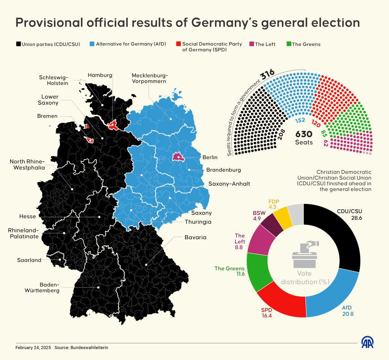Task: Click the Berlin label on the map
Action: point(210,157)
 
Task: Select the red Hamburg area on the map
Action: point(113,125)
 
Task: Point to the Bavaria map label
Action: point(195,237)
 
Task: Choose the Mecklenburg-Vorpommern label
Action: point(149,78)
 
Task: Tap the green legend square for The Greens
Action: point(289,44)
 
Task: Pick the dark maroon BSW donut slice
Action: point(271,225)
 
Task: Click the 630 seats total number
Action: point(304,134)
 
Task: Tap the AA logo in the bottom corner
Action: point(367,342)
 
